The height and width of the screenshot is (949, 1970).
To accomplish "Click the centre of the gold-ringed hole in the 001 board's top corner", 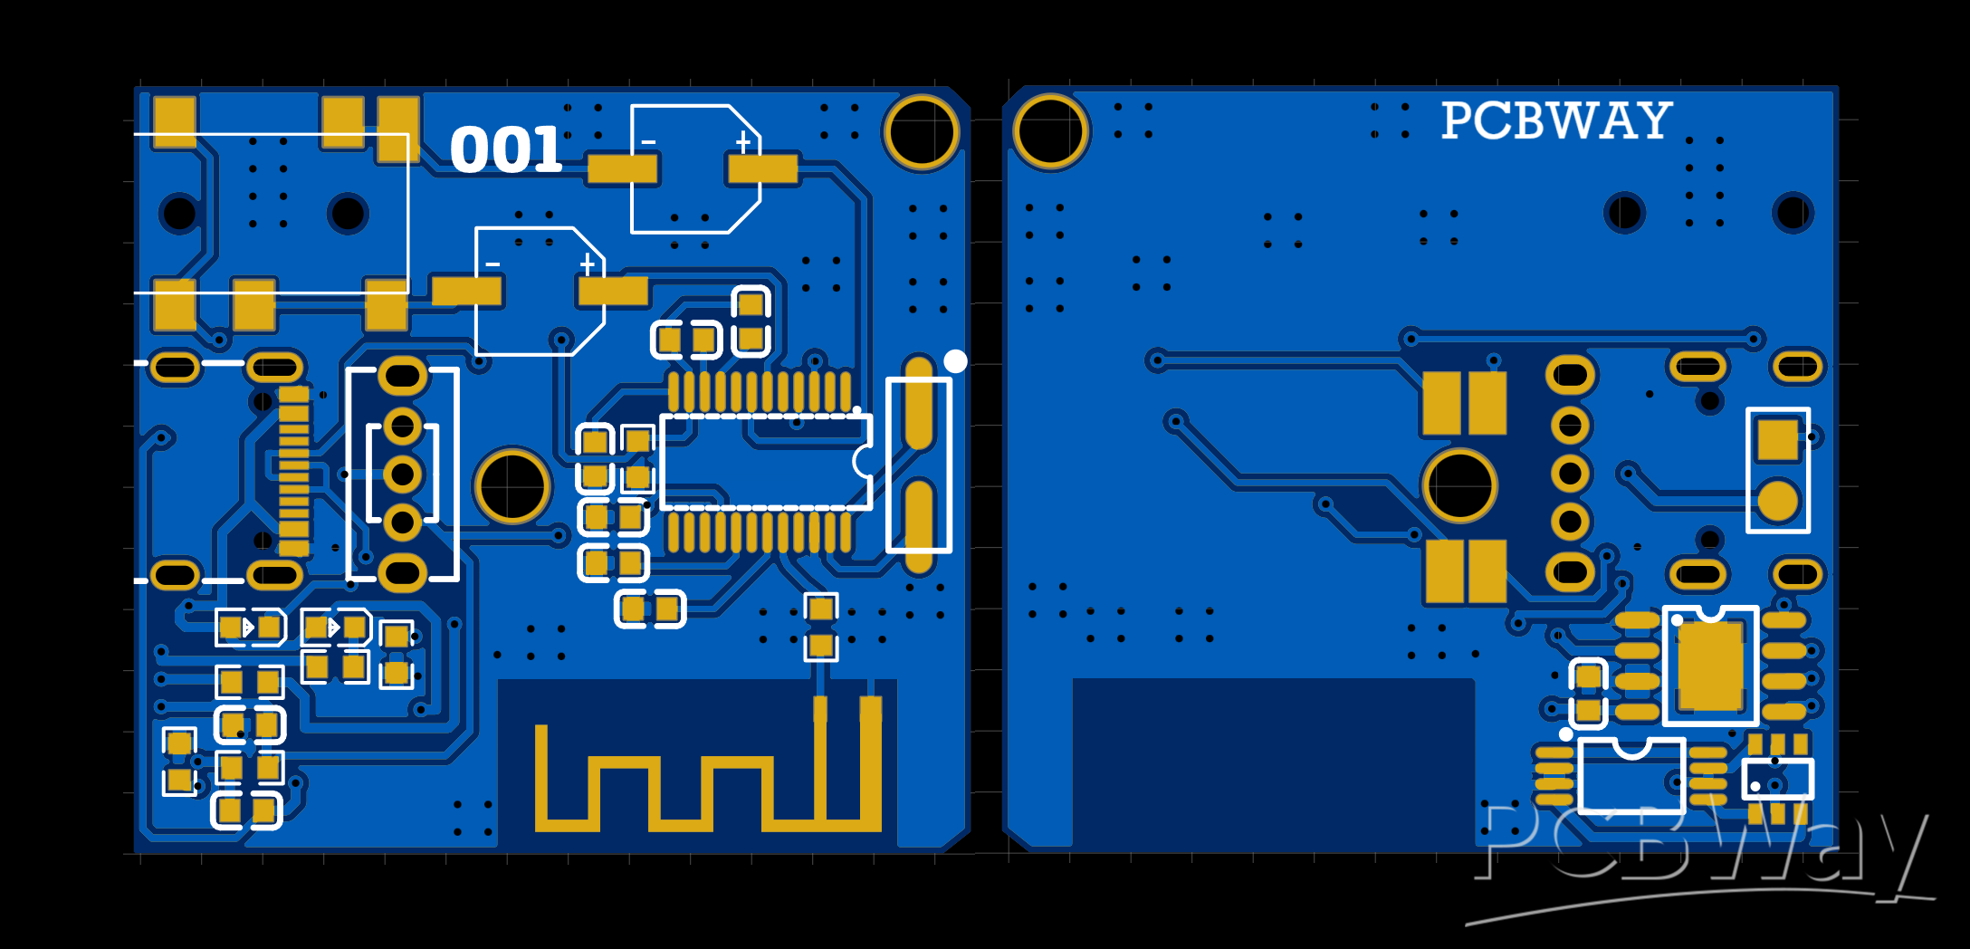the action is tap(922, 132).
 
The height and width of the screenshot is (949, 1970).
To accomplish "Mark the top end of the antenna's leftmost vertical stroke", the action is tap(541, 725).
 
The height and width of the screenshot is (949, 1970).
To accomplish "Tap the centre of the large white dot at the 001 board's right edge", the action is tap(955, 361).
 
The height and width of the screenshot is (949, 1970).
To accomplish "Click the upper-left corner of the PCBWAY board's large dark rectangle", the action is tap(1074, 679).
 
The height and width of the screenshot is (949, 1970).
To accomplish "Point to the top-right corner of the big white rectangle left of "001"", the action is tap(408, 134).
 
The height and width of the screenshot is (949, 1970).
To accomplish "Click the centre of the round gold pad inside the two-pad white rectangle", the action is tap(1777, 502).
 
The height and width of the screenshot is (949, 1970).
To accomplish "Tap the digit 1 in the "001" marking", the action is tap(543, 150).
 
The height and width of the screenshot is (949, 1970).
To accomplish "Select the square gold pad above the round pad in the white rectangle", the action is tap(1777, 440).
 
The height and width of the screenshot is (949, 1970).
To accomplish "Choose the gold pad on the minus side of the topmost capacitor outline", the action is tap(623, 168).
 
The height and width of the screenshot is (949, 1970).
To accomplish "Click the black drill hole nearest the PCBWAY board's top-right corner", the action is tap(1793, 213).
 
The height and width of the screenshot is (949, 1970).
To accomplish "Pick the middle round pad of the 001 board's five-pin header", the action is tap(402, 474).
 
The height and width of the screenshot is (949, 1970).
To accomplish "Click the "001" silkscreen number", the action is tap(506, 150).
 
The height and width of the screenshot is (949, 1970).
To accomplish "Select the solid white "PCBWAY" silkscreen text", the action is tap(1556, 120).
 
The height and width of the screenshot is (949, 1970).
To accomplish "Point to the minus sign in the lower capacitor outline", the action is tap(492, 264).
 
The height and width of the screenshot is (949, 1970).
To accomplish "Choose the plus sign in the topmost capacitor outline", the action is tap(743, 142).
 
